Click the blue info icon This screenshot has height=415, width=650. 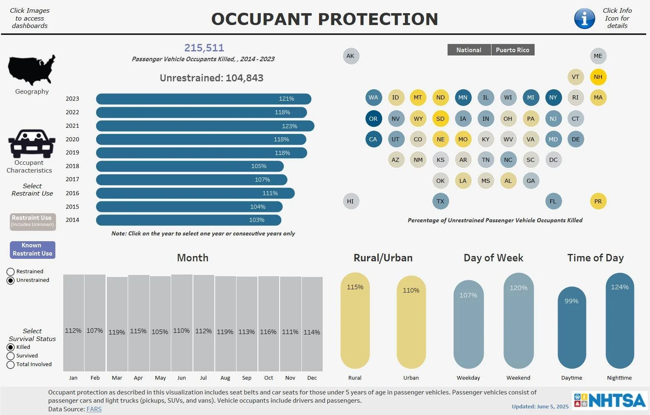[x=584, y=18]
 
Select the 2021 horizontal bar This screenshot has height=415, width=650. [x=205, y=126]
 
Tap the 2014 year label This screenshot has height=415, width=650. [x=72, y=220]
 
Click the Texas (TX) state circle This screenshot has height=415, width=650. [x=440, y=201]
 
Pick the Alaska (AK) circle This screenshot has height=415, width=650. [x=350, y=56]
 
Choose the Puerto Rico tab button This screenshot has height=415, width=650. [x=512, y=50]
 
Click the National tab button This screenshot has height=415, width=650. [x=469, y=50]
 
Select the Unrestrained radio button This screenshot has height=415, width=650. [x=11, y=280]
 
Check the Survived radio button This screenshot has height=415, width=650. [x=11, y=356]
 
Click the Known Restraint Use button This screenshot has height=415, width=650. [x=32, y=249]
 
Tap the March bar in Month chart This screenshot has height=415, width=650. [x=117, y=324]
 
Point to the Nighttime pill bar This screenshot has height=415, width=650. [x=620, y=320]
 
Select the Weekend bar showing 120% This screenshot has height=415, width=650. [x=518, y=320]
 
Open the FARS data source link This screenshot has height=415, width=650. [x=94, y=409]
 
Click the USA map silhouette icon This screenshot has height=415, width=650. [x=32, y=70]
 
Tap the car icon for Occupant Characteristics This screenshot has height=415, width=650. [x=32, y=144]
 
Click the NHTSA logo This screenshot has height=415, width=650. [x=609, y=400]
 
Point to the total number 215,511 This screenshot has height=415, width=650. [x=204, y=48]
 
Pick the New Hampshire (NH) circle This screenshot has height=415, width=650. [x=598, y=77]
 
